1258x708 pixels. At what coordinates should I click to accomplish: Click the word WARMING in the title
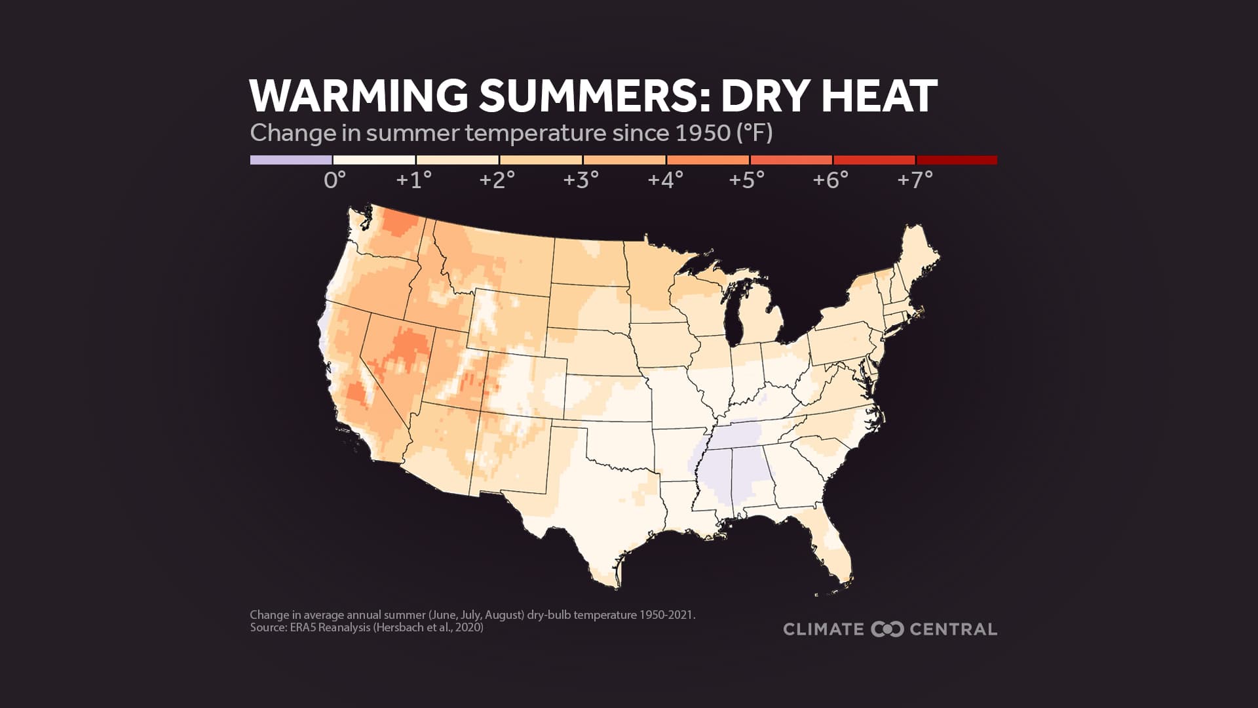tap(358, 96)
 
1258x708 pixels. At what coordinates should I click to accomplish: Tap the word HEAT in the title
tap(879, 96)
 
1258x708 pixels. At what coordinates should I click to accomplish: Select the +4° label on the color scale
tap(665, 180)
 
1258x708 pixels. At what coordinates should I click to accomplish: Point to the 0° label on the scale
tap(334, 180)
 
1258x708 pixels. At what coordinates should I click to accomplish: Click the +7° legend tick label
tap(915, 180)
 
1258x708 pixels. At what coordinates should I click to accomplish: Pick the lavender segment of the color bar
tap(291, 160)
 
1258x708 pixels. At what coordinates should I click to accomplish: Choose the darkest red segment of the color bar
tap(957, 160)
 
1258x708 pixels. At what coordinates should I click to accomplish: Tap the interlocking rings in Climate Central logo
tap(887, 629)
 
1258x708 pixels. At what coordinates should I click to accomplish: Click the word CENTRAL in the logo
tap(953, 629)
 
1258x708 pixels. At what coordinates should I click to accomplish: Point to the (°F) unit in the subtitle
tap(755, 133)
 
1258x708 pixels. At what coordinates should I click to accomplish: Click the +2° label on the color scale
tap(497, 180)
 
